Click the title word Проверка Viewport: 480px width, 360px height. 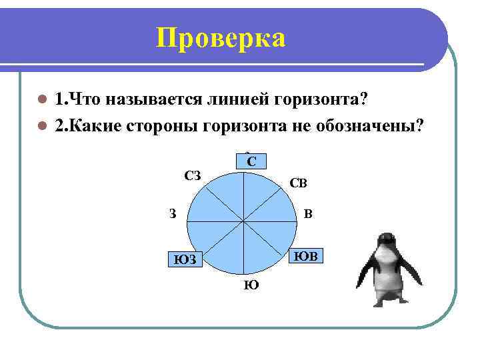point(221,38)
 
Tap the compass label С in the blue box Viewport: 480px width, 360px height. point(251,161)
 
